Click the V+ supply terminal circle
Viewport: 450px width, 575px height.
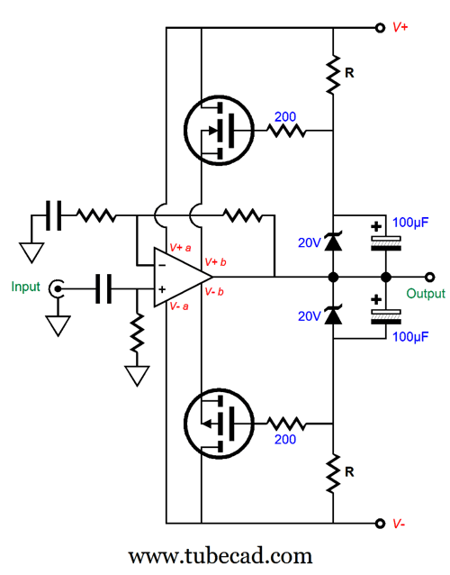coord(380,28)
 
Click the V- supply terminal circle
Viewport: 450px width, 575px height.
coord(380,524)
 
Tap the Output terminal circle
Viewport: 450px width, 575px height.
coord(430,277)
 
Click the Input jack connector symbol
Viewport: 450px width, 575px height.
coord(57,287)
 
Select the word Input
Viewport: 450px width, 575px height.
coord(25,287)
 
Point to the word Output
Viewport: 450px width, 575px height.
coord(426,294)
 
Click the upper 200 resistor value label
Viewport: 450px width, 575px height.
coord(285,116)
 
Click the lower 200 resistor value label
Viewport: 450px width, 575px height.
coord(285,439)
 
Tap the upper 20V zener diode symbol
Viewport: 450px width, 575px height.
coord(333,242)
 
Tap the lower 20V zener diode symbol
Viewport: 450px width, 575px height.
coord(333,315)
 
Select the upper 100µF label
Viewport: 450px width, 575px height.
coord(410,223)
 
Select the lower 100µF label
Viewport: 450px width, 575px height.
coord(410,336)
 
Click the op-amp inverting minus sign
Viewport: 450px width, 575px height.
coord(162,265)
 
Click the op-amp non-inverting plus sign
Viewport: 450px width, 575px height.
coord(162,289)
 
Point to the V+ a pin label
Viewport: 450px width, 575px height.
coord(180,248)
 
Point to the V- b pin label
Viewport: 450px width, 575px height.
coord(214,292)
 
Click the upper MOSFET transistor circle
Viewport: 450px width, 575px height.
coord(219,130)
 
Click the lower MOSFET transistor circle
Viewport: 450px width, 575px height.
coord(219,424)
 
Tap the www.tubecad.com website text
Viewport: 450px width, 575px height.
coord(220,556)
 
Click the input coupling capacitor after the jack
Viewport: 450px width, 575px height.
coord(103,288)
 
